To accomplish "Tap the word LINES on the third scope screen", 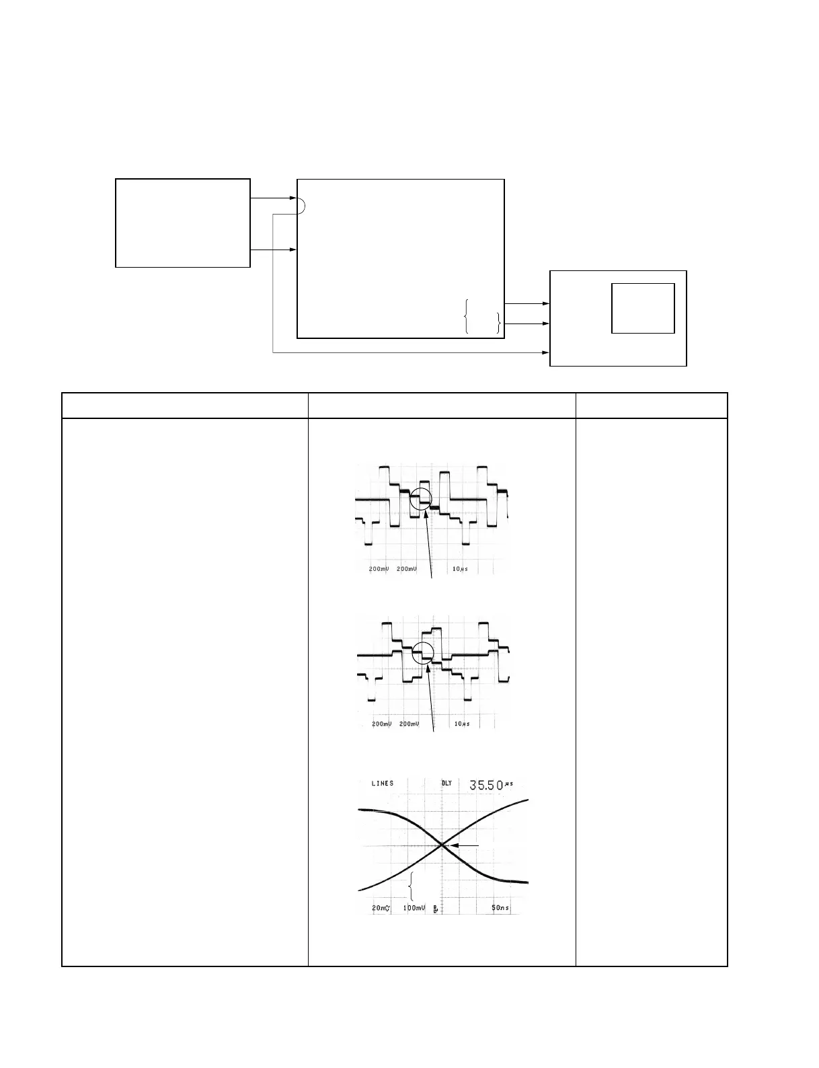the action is click(x=383, y=784).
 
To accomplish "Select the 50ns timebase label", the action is click(x=500, y=908).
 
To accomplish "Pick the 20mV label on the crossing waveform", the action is click(x=382, y=908).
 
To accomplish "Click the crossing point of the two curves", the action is click(x=442, y=845).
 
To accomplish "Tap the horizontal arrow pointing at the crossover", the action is click(x=464, y=845).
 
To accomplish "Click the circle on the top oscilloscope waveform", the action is click(x=421, y=499).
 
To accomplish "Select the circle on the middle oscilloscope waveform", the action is click(x=423, y=652).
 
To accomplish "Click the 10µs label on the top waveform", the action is click(x=460, y=569).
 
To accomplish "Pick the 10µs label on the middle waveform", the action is click(x=462, y=724).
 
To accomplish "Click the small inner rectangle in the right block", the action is click(x=643, y=308).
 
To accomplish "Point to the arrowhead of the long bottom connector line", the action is click(x=546, y=352).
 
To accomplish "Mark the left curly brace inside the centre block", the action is click(x=465, y=316).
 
